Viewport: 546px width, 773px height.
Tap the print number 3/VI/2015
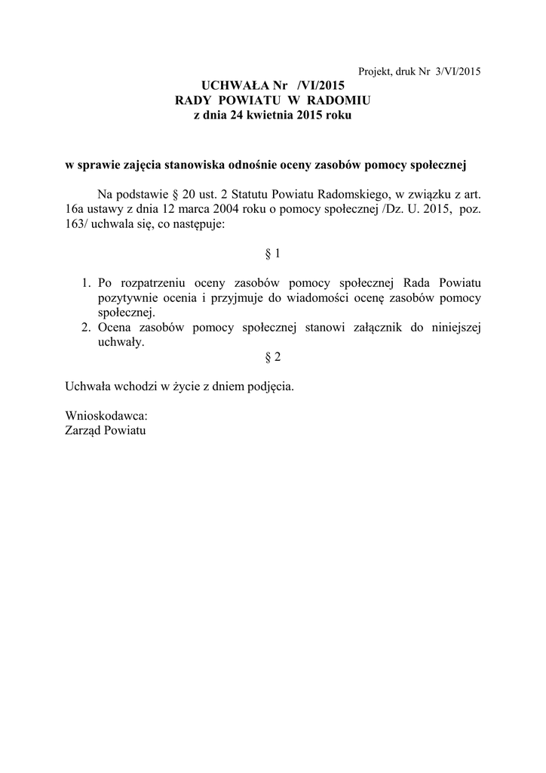point(457,72)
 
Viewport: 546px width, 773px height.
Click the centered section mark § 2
point(273,356)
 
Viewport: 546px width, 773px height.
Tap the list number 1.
point(86,283)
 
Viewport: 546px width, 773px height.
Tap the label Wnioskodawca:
point(106,416)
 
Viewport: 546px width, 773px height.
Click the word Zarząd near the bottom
point(85,431)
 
